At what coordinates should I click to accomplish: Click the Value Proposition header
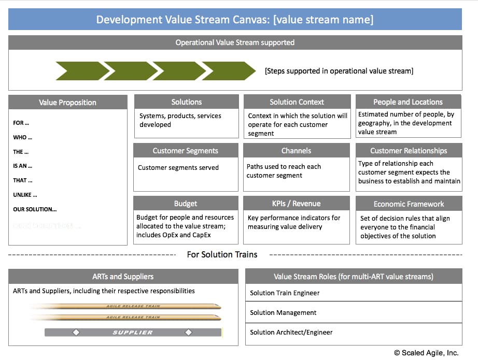[x=68, y=103]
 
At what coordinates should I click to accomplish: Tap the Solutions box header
[x=187, y=102]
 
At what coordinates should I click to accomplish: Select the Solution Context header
[x=297, y=102]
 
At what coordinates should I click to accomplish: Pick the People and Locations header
[x=408, y=102]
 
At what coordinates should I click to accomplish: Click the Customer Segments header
[x=186, y=151]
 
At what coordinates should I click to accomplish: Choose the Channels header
[x=297, y=151]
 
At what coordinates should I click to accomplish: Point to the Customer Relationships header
[x=409, y=151]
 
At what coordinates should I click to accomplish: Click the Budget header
[x=186, y=204]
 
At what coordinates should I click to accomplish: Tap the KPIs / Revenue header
[x=297, y=204]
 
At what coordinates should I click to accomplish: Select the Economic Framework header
[x=409, y=204]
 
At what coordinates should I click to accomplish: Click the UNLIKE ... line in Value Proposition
[x=25, y=195]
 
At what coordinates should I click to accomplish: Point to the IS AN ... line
[x=23, y=166]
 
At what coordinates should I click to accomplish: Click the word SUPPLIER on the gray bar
[x=133, y=332]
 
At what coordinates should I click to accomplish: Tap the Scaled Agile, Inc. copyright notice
[x=426, y=353]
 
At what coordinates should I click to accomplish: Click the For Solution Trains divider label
[x=222, y=254]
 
